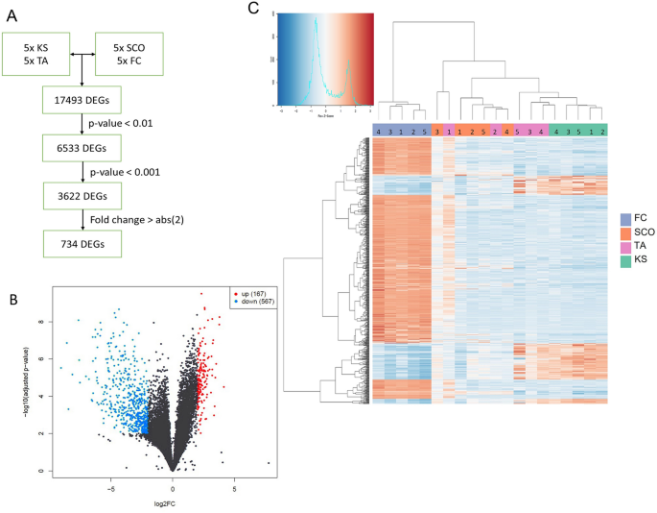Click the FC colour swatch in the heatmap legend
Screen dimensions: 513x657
point(625,219)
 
